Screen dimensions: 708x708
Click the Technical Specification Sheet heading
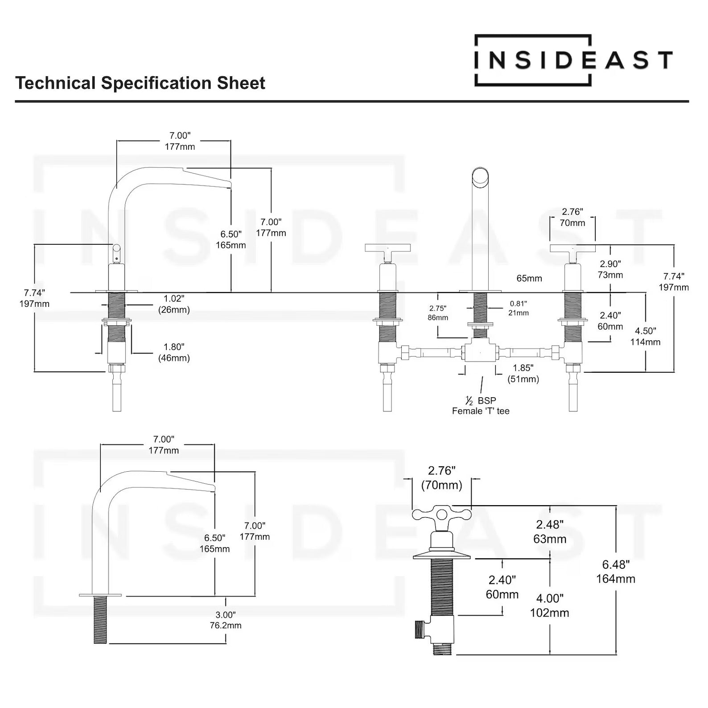140,83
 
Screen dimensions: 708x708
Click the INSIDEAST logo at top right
573,60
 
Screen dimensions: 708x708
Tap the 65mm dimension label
529,278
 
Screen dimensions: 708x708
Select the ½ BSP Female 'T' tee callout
481,406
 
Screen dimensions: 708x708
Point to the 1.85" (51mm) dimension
523,374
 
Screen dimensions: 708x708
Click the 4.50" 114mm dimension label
645,337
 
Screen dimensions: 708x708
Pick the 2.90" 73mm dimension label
610,270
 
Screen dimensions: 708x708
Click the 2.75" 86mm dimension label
438,313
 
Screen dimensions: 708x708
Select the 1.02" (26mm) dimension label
174,304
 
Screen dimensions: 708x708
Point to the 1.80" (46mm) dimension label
174,352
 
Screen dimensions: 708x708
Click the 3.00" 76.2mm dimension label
226,620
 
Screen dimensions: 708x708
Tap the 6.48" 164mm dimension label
616,572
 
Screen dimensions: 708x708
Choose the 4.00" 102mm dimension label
549,605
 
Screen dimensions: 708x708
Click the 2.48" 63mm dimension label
550,531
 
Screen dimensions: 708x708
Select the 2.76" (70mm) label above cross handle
441,478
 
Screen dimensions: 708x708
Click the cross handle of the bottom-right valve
441,515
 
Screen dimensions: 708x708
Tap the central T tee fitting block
480,350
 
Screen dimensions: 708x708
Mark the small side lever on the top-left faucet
116,252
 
